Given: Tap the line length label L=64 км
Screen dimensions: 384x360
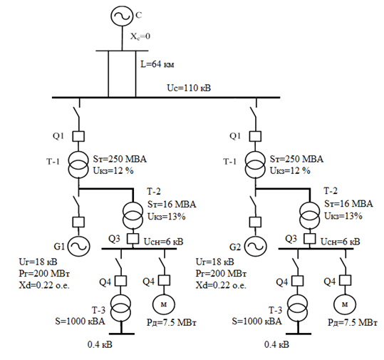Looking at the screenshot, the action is coord(157,64).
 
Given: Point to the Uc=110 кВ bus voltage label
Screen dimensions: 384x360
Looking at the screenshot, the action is coord(189,88).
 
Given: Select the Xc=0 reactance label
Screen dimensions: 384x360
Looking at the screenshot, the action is coord(140,36).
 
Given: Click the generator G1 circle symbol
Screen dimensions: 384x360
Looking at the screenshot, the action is coord(78,246).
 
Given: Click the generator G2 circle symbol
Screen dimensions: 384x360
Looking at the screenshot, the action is coord(256,246).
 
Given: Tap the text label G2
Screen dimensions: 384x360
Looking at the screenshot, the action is coord(235,247).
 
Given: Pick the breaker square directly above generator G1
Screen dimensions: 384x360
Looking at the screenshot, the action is coord(78,222).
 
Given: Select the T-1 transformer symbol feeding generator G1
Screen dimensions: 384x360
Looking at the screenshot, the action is coord(78,165).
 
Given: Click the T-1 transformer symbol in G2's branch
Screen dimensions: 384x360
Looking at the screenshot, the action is coord(255,165).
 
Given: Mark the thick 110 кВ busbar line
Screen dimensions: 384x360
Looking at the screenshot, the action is coord(166,98).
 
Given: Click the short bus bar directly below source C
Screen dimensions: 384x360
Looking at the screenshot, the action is coord(122,51).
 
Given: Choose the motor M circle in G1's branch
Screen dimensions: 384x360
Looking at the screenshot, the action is coord(164,304).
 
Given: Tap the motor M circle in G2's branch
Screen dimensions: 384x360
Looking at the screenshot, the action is coord(345,304).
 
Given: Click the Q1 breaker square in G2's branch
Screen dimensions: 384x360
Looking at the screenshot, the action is coord(255,136).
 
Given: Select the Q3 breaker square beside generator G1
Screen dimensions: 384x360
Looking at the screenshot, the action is coord(133,238).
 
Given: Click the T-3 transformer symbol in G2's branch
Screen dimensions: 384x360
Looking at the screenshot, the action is coord(298,308).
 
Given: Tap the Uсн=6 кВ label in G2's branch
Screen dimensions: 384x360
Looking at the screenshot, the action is coord(341,242).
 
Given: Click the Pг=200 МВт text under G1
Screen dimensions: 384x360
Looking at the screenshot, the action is coord(44,274).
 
